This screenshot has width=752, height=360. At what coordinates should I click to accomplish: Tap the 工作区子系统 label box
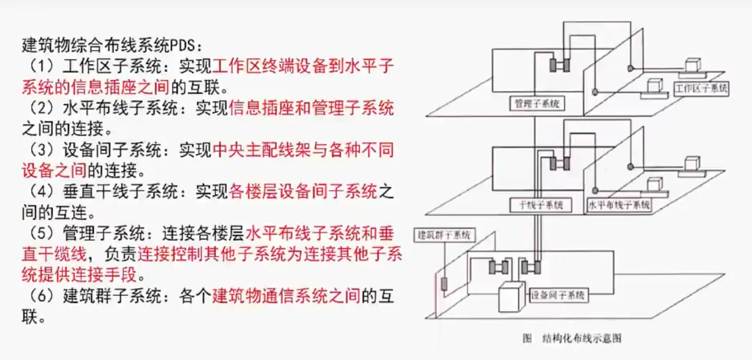[x=701, y=89]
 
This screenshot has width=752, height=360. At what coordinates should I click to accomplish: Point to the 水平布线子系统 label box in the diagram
[x=619, y=205]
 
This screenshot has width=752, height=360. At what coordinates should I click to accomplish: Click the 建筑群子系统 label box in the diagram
[x=443, y=234]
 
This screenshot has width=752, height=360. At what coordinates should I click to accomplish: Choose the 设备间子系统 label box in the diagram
[x=558, y=295]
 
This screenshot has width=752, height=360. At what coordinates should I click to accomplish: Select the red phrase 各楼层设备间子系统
[x=303, y=190]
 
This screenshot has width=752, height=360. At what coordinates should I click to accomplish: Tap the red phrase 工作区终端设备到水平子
[x=303, y=67]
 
